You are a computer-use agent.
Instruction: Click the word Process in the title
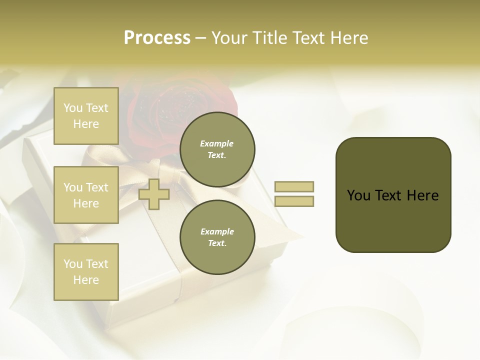pyautogui.click(x=157, y=38)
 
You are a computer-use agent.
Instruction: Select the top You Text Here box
pyautogui.click(x=86, y=116)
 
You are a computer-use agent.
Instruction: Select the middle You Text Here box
pyautogui.click(x=86, y=195)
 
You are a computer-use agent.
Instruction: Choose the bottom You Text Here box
pyautogui.click(x=86, y=271)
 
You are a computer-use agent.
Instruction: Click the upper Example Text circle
pyautogui.click(x=217, y=149)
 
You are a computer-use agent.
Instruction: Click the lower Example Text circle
pyautogui.click(x=217, y=237)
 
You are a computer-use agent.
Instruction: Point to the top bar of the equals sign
pyautogui.click(x=294, y=187)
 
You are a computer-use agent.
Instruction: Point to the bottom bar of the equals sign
pyautogui.click(x=294, y=201)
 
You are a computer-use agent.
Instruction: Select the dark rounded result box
pyautogui.click(x=393, y=195)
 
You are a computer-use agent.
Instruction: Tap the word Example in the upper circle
pyautogui.click(x=216, y=143)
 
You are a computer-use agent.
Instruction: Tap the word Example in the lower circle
pyautogui.click(x=217, y=231)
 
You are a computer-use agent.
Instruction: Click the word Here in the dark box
pyautogui.click(x=422, y=195)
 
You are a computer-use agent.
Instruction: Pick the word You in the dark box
pyautogui.click(x=358, y=195)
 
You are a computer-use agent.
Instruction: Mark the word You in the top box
pyautogui.click(x=73, y=108)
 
